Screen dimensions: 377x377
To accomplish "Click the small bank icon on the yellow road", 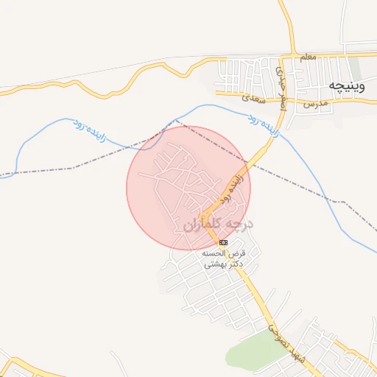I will pyautogui.click(x=223, y=242).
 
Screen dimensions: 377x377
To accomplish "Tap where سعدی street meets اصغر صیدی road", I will pyautogui.click(x=283, y=98).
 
